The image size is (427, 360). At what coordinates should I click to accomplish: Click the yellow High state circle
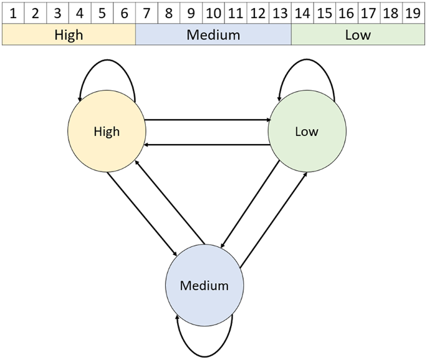(107, 132)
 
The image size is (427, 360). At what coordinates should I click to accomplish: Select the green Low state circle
(307, 132)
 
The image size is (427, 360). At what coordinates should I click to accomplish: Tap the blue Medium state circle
(204, 286)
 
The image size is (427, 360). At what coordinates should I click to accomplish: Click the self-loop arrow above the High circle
(107, 64)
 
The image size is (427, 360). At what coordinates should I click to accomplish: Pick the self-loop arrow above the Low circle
(307, 64)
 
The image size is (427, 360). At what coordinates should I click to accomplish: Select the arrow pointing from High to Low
(206, 120)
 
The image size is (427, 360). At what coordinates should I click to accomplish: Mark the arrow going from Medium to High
(171, 200)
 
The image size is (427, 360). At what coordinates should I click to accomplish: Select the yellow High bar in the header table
(69, 35)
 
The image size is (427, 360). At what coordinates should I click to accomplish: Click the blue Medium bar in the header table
(213, 35)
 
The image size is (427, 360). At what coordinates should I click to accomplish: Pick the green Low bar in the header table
(358, 35)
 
